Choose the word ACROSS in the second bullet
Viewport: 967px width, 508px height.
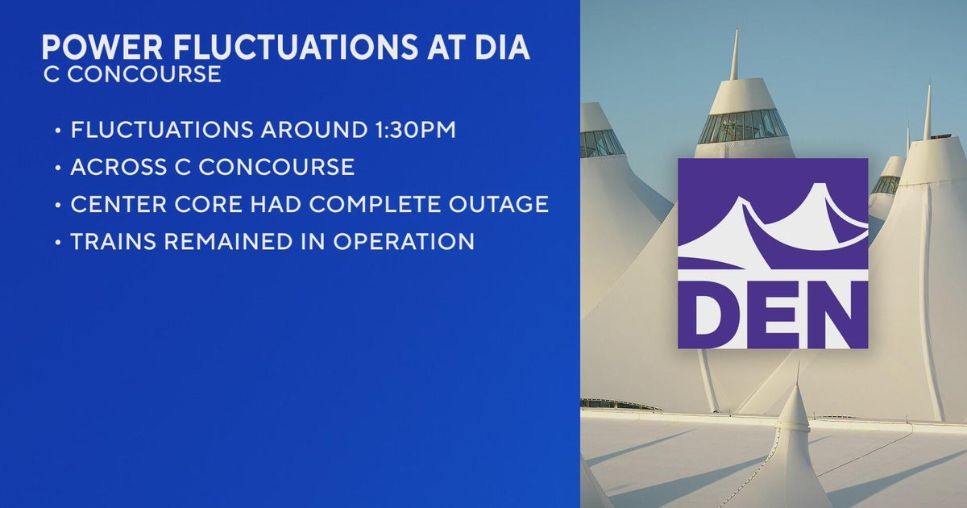(x=118, y=167)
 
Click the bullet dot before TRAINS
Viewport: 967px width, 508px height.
(x=57, y=242)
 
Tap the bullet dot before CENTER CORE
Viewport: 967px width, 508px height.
(x=57, y=205)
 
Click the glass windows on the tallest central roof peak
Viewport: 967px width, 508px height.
(x=742, y=126)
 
